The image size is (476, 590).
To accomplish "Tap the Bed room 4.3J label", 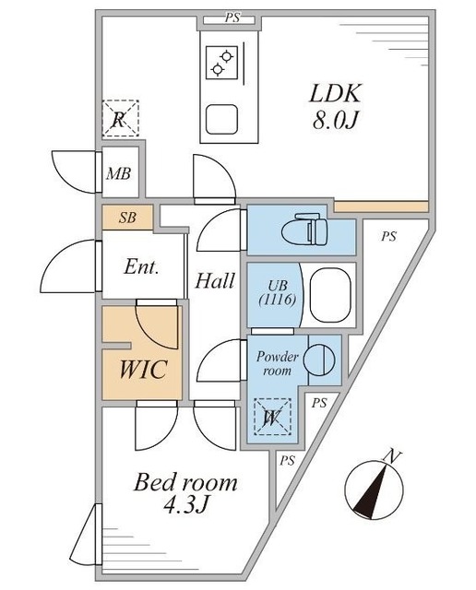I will tap(186, 493).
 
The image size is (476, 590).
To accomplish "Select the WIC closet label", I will tap(142, 371).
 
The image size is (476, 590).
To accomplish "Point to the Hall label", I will tap(214, 281).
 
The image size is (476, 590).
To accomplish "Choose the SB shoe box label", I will tap(128, 218).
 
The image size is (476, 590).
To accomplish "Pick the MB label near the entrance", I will tap(118, 172).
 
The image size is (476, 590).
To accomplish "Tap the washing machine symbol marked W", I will tap(272, 418).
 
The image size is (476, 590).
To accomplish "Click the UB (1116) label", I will tap(275, 293).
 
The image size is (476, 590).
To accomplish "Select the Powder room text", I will tap(274, 362).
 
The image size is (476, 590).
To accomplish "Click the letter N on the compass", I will tap(392, 455).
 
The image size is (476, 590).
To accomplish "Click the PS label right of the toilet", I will tap(388, 237).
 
